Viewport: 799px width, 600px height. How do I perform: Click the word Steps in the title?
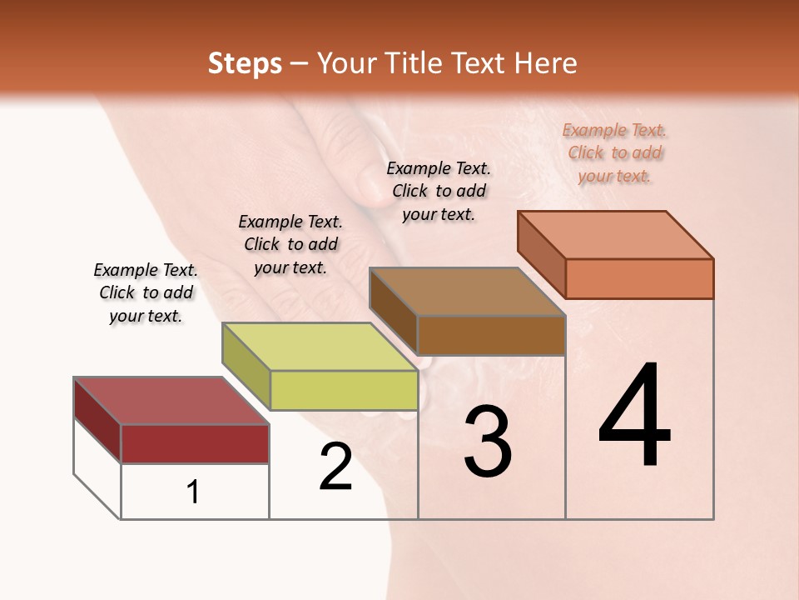pyautogui.click(x=245, y=63)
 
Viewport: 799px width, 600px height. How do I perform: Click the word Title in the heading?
pyautogui.click(x=415, y=63)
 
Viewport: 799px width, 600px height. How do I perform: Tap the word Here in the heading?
pyautogui.click(x=545, y=63)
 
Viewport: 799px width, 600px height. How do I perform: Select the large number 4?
pyautogui.click(x=634, y=417)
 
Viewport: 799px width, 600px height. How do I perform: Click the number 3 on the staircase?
pyautogui.click(x=488, y=442)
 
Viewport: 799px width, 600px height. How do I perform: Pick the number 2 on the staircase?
pyautogui.click(x=336, y=467)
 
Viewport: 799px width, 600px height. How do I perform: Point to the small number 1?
pyautogui.click(x=193, y=492)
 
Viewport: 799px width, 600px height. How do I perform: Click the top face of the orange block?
pyautogui.click(x=616, y=235)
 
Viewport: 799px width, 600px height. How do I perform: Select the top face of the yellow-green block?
pyautogui.click(x=320, y=347)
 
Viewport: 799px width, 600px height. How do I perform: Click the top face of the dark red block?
pyautogui.click(x=171, y=401)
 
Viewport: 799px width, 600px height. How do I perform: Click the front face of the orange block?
pyautogui.click(x=639, y=278)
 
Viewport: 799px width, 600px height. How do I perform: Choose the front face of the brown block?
pyautogui.click(x=491, y=335)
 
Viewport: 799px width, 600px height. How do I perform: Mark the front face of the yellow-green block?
pyautogui.click(x=344, y=390)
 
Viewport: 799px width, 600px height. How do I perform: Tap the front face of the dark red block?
pyautogui.click(x=195, y=443)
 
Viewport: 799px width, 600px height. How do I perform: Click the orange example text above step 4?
pyautogui.click(x=615, y=153)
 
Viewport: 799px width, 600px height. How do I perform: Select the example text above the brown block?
pyautogui.click(x=439, y=192)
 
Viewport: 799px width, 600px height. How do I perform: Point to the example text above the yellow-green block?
pyautogui.click(x=290, y=245)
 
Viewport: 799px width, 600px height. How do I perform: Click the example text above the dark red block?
pyautogui.click(x=146, y=293)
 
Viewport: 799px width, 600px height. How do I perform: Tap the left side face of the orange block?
pyautogui.click(x=542, y=255)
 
